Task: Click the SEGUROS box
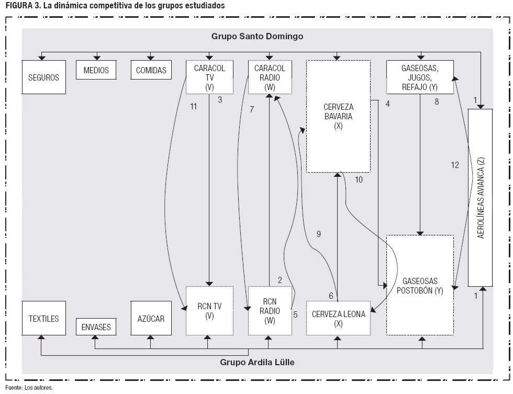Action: pyautogui.click(x=43, y=77)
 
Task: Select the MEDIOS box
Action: pyautogui.click(x=96, y=70)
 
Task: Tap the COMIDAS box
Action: pyautogui.click(x=151, y=70)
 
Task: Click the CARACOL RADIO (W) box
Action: pyautogui.click(x=270, y=77)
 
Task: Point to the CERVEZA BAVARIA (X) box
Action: pyautogui.click(x=338, y=116)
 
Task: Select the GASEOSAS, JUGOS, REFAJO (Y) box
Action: pyautogui.click(x=420, y=77)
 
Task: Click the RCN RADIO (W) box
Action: pyautogui.click(x=270, y=311)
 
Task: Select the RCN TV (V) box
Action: pyautogui.click(x=209, y=311)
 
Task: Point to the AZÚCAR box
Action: pyautogui.click(x=151, y=318)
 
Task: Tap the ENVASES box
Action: pyautogui.click(x=96, y=327)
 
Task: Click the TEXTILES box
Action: pyautogui.click(x=43, y=318)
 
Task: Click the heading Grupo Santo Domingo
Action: pyautogui.click(x=257, y=37)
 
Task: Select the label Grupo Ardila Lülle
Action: pyautogui.click(x=257, y=362)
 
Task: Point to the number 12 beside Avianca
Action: pyautogui.click(x=454, y=165)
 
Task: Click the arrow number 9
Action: pyautogui.click(x=318, y=234)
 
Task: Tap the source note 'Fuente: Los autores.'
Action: pyautogui.click(x=29, y=388)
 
